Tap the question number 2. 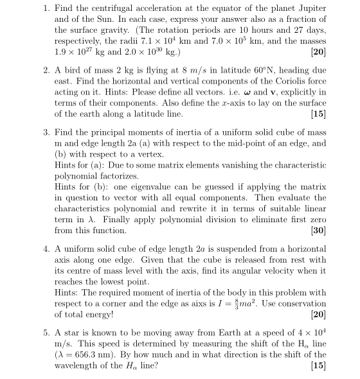tap(46, 71)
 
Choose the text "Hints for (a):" tap(79, 165)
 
